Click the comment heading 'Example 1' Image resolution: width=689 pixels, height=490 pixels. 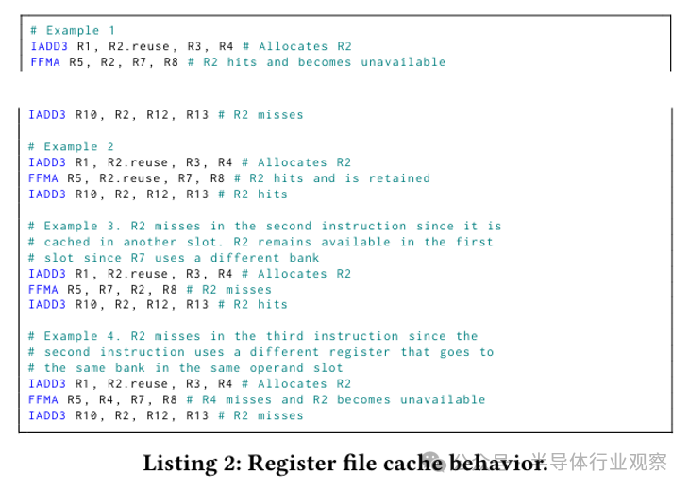(80, 31)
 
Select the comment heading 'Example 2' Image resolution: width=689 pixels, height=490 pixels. (78, 146)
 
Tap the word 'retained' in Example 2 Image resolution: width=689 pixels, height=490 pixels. (399, 178)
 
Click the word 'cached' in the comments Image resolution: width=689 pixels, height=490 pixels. (67, 242)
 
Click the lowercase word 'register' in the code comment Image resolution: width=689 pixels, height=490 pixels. (360, 352)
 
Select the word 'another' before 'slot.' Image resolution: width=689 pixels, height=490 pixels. (150, 242)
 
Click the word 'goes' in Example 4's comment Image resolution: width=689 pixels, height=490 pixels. (455, 352)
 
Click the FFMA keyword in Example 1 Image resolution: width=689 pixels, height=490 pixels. (45, 62)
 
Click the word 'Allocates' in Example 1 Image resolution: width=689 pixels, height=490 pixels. (294, 46)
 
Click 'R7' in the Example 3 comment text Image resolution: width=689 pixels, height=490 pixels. (138, 258)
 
